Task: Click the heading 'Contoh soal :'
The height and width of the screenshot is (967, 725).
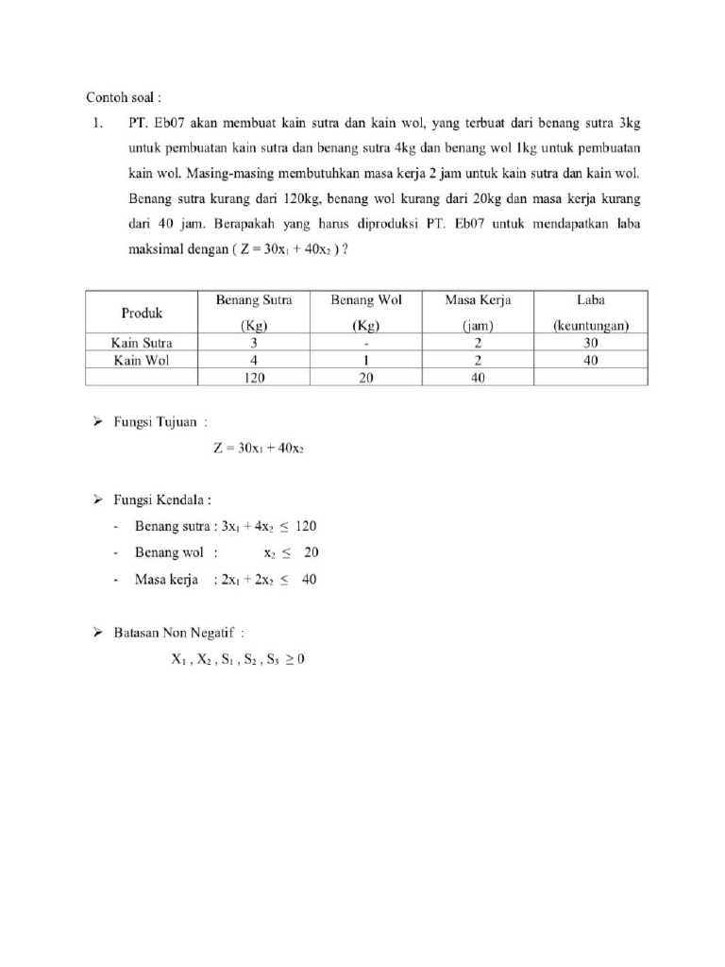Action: point(125,97)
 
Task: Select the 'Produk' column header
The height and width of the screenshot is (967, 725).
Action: point(142,313)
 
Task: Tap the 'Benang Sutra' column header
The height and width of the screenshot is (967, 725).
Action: point(254,300)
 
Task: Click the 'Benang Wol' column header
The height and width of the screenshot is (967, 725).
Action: point(365,300)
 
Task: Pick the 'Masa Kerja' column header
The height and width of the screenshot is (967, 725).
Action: point(478,300)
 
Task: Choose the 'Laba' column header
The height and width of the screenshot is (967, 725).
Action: point(591,300)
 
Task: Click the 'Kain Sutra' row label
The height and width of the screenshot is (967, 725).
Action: point(142,344)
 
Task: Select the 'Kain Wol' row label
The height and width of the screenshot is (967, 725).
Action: point(142,361)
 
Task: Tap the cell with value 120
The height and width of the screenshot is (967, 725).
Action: point(254,377)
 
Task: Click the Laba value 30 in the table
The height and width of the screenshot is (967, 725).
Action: point(591,344)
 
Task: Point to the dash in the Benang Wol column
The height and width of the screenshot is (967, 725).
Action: point(365,344)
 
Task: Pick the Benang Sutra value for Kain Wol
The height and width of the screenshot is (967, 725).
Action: point(254,361)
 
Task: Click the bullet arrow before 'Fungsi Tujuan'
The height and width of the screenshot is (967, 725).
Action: point(96,423)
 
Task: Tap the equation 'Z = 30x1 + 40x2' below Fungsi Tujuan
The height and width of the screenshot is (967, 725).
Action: point(258,450)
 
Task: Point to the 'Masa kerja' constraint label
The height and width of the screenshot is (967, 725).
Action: point(167,580)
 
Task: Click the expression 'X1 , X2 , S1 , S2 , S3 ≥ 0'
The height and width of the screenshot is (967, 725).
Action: point(238,661)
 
